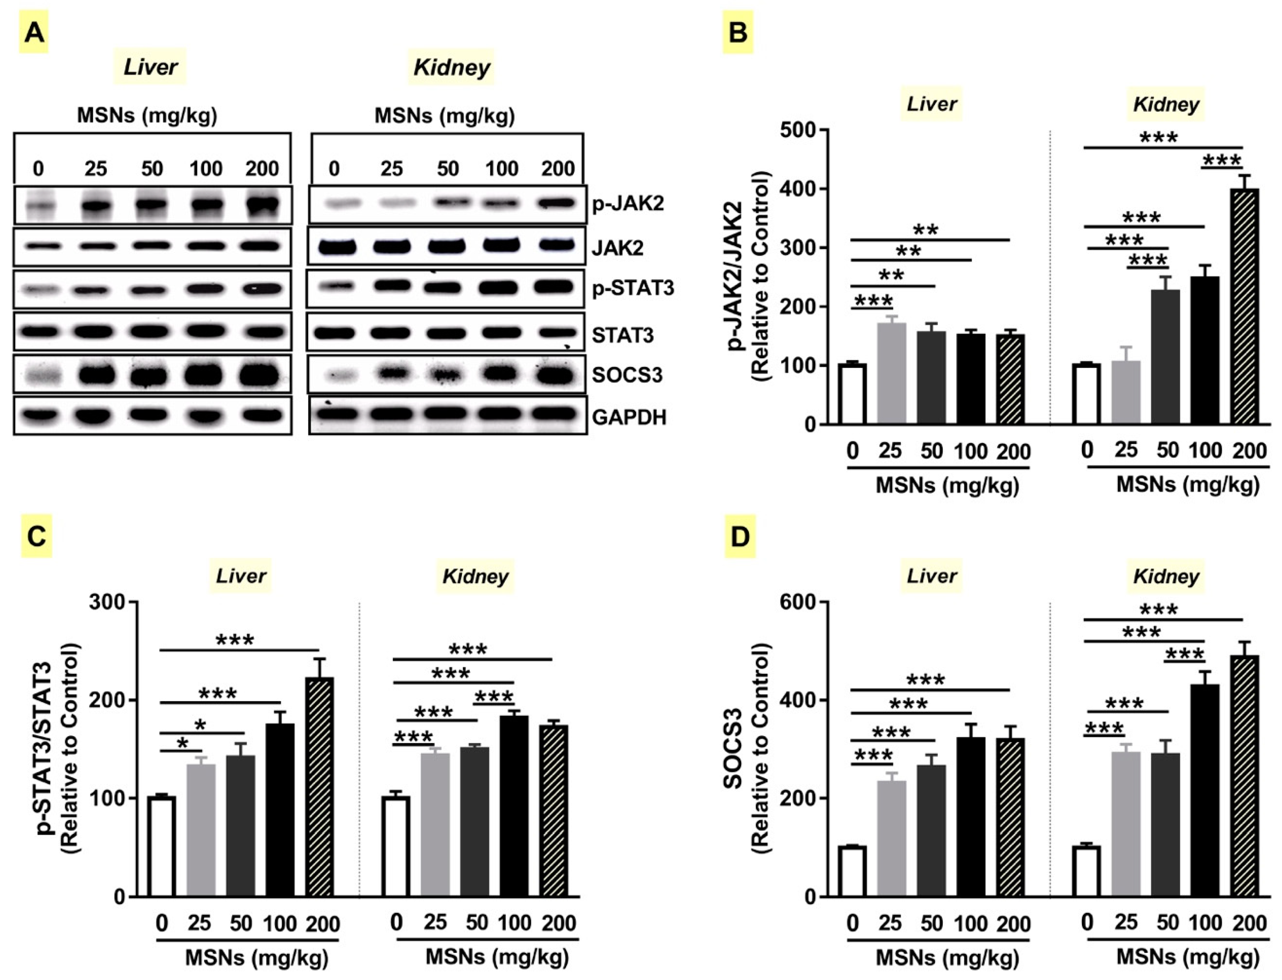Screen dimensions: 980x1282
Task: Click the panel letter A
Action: pos(34,33)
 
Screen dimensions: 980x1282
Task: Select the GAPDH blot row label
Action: pos(629,418)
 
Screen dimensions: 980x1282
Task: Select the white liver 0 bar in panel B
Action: pos(852,394)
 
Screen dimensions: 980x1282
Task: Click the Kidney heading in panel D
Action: pos(1166,576)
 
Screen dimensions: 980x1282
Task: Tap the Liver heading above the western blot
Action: pos(151,67)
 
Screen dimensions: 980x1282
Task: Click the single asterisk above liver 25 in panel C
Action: pos(183,743)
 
